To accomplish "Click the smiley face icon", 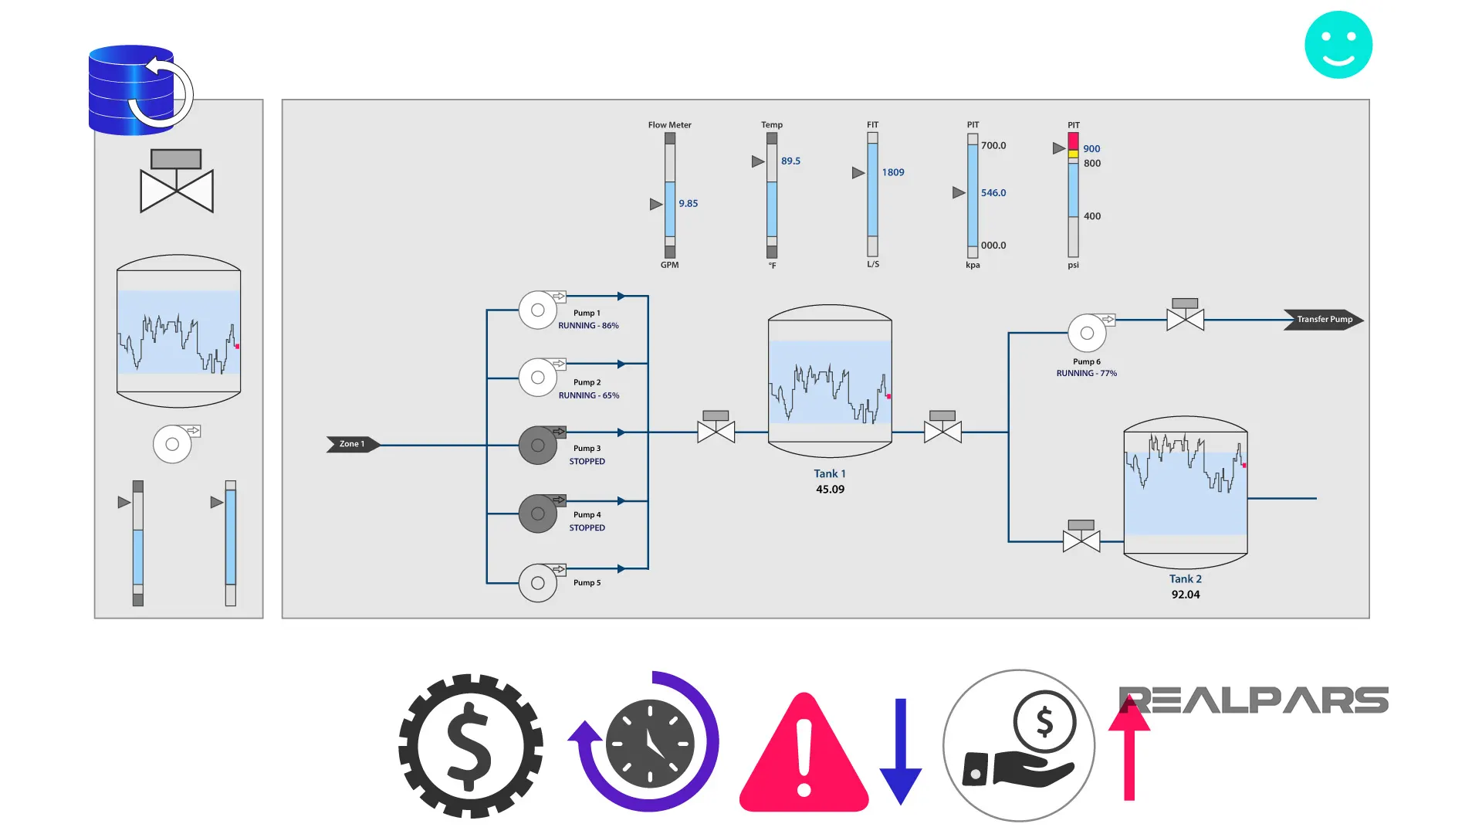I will coord(1338,45).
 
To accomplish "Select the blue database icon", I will coord(133,90).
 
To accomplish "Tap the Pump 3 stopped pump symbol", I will coord(538,446).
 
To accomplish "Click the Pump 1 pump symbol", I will coord(538,310).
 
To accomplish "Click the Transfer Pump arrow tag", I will coord(1323,320).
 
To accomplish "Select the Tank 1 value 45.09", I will coord(830,490).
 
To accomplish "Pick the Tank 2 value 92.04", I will coord(1185,595).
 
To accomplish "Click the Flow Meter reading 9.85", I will coord(688,204).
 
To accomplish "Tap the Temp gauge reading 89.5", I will coord(790,161).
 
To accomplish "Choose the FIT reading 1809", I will coord(892,173).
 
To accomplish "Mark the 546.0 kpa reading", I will coord(993,193).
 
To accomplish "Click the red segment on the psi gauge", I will coord(1073,141).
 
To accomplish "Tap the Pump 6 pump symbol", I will coord(1087,333).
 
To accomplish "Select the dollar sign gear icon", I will coord(470,746).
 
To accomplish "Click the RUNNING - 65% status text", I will coord(588,395).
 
